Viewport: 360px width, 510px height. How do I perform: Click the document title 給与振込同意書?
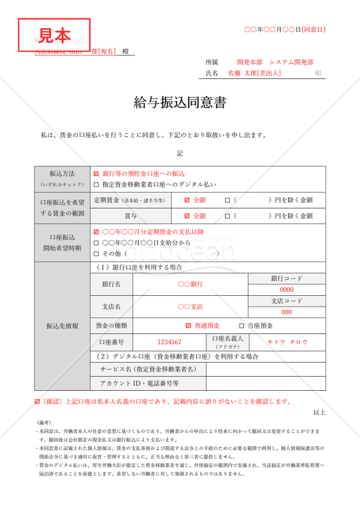[x=180, y=103]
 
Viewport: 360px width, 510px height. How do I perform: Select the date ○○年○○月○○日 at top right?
[x=285, y=29]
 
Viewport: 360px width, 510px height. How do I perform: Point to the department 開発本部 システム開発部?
[x=275, y=62]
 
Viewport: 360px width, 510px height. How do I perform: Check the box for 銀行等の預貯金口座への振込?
[x=96, y=173]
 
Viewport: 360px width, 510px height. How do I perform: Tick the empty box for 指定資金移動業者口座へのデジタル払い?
[x=96, y=184]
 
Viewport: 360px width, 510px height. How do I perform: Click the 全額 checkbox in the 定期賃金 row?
[x=187, y=200]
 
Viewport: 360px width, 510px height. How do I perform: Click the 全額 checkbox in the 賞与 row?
[x=187, y=216]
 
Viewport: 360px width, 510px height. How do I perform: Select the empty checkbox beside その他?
[x=96, y=254]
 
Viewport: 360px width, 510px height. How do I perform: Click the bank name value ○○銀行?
[x=190, y=284]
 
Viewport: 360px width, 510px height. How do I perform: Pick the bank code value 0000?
[x=287, y=290]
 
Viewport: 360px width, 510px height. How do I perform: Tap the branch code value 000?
[x=287, y=312]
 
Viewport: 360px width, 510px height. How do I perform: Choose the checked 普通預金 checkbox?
[x=188, y=326]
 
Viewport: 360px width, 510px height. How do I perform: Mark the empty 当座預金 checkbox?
[x=241, y=326]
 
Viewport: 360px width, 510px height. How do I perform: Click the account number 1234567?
[x=169, y=342]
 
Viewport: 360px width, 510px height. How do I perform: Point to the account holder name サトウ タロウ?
[x=287, y=342]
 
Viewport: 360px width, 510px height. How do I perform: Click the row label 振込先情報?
[x=62, y=326]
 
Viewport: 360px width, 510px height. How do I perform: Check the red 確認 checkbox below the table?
[x=37, y=402]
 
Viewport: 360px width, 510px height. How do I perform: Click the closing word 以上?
[x=319, y=412]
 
